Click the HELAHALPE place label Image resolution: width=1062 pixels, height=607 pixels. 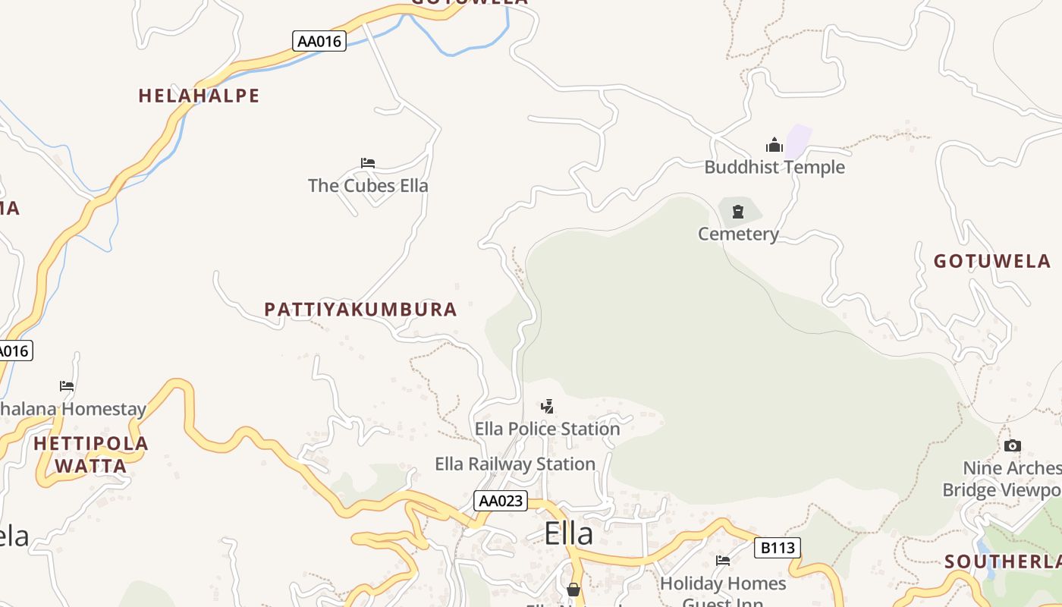[x=199, y=96]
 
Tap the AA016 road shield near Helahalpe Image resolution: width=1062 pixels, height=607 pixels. [x=319, y=41]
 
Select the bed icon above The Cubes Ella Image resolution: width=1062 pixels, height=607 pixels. [x=368, y=163]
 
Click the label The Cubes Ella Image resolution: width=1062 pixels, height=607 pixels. [x=368, y=186]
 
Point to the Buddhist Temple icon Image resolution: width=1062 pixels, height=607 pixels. [x=775, y=145]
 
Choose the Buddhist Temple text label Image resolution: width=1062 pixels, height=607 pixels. [x=775, y=167]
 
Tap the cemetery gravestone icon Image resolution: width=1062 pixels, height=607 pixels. [x=738, y=212]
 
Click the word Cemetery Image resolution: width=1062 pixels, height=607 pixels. [x=738, y=234]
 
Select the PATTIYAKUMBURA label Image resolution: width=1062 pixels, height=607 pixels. [x=360, y=310]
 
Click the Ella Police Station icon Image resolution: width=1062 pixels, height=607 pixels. [x=548, y=407]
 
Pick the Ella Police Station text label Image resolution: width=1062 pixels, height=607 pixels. [x=548, y=429]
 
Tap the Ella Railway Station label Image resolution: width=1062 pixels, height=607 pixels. [x=515, y=464]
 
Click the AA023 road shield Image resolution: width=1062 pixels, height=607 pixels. [x=501, y=501]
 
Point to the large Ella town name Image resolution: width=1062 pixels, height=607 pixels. [x=568, y=534]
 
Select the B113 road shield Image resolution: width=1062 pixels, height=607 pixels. [x=778, y=548]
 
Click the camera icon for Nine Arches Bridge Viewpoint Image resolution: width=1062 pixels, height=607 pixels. [x=1012, y=446]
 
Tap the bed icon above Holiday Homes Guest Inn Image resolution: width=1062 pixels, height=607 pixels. [x=723, y=561]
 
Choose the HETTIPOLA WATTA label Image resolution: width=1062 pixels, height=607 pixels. [x=91, y=454]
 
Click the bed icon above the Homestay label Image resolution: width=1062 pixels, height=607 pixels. [x=67, y=386]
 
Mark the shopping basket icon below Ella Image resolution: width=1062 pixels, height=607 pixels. [x=573, y=590]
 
